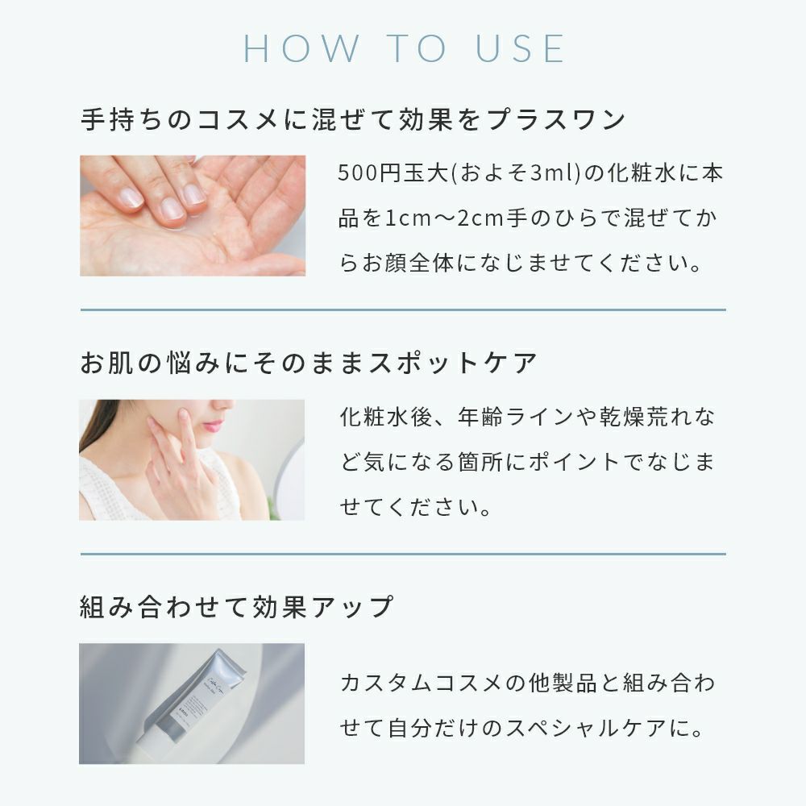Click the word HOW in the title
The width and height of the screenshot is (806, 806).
[301, 49]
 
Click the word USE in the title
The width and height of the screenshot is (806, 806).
[520, 49]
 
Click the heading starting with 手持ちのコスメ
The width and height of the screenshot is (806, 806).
[353, 119]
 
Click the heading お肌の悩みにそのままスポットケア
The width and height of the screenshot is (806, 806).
[309, 363]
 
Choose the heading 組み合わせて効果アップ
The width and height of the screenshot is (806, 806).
[237, 607]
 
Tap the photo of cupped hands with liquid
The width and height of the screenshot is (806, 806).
[193, 215]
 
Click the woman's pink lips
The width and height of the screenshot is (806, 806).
[213, 425]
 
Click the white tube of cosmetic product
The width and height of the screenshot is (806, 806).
[193, 702]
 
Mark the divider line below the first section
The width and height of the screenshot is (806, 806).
[403, 310]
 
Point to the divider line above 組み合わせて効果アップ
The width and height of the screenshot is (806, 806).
[403, 555]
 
